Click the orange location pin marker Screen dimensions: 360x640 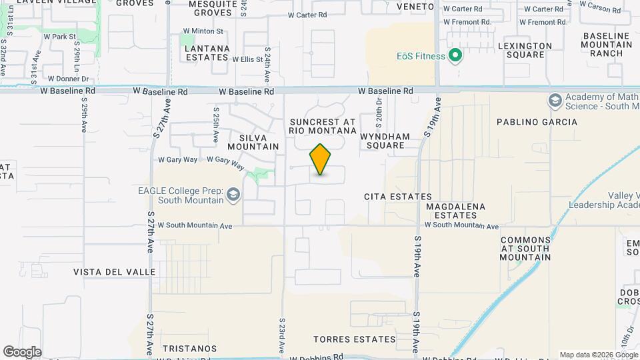(x=321, y=159)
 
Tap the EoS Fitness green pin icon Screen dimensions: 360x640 (x=456, y=55)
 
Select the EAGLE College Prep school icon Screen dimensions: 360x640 (x=233, y=195)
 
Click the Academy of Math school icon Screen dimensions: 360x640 (x=555, y=101)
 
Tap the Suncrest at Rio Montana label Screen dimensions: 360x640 (x=323, y=126)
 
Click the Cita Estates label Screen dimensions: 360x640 (x=398, y=197)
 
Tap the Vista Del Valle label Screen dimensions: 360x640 (x=115, y=272)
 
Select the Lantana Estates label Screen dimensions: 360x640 (x=207, y=53)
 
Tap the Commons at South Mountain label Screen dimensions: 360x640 (x=526, y=248)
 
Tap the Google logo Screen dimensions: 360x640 (x=22, y=352)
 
